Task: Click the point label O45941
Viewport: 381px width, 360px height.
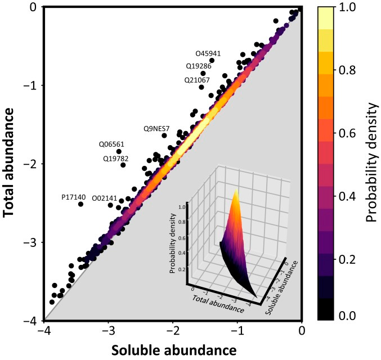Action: (x=208, y=53)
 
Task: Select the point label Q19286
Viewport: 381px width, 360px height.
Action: (x=199, y=66)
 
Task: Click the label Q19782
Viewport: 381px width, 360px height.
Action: (x=115, y=158)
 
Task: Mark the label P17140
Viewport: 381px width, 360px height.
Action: (x=73, y=197)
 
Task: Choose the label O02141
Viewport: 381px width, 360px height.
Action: (x=104, y=198)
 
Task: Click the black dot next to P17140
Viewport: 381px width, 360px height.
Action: (x=81, y=204)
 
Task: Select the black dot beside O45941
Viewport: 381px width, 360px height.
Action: (x=212, y=60)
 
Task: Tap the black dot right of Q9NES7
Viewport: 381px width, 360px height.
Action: (x=164, y=135)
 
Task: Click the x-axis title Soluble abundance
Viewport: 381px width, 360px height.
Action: (x=174, y=350)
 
